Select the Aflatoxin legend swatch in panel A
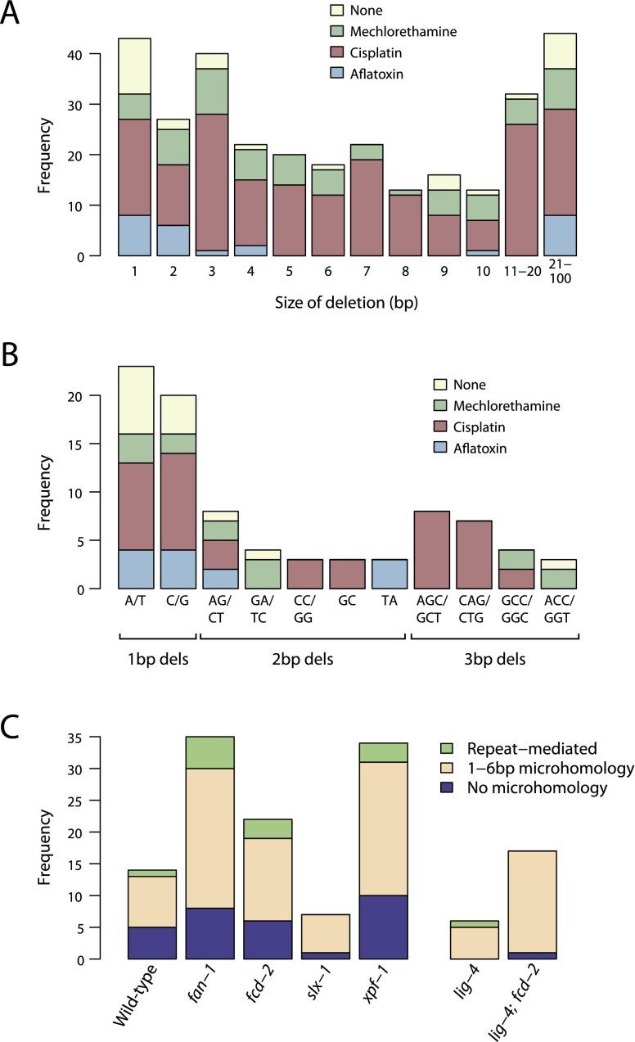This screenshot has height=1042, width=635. (x=336, y=74)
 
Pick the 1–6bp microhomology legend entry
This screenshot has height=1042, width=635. (x=541, y=768)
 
